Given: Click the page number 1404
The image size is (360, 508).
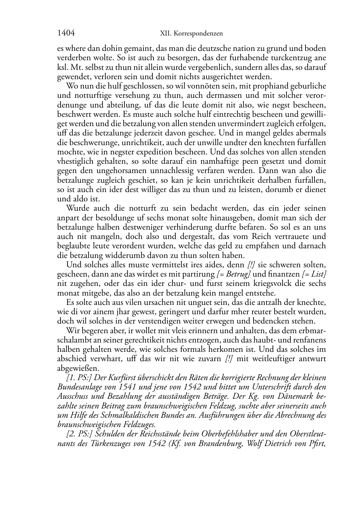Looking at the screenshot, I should click(66, 33).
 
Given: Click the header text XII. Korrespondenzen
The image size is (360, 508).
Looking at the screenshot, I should click(191, 34).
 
